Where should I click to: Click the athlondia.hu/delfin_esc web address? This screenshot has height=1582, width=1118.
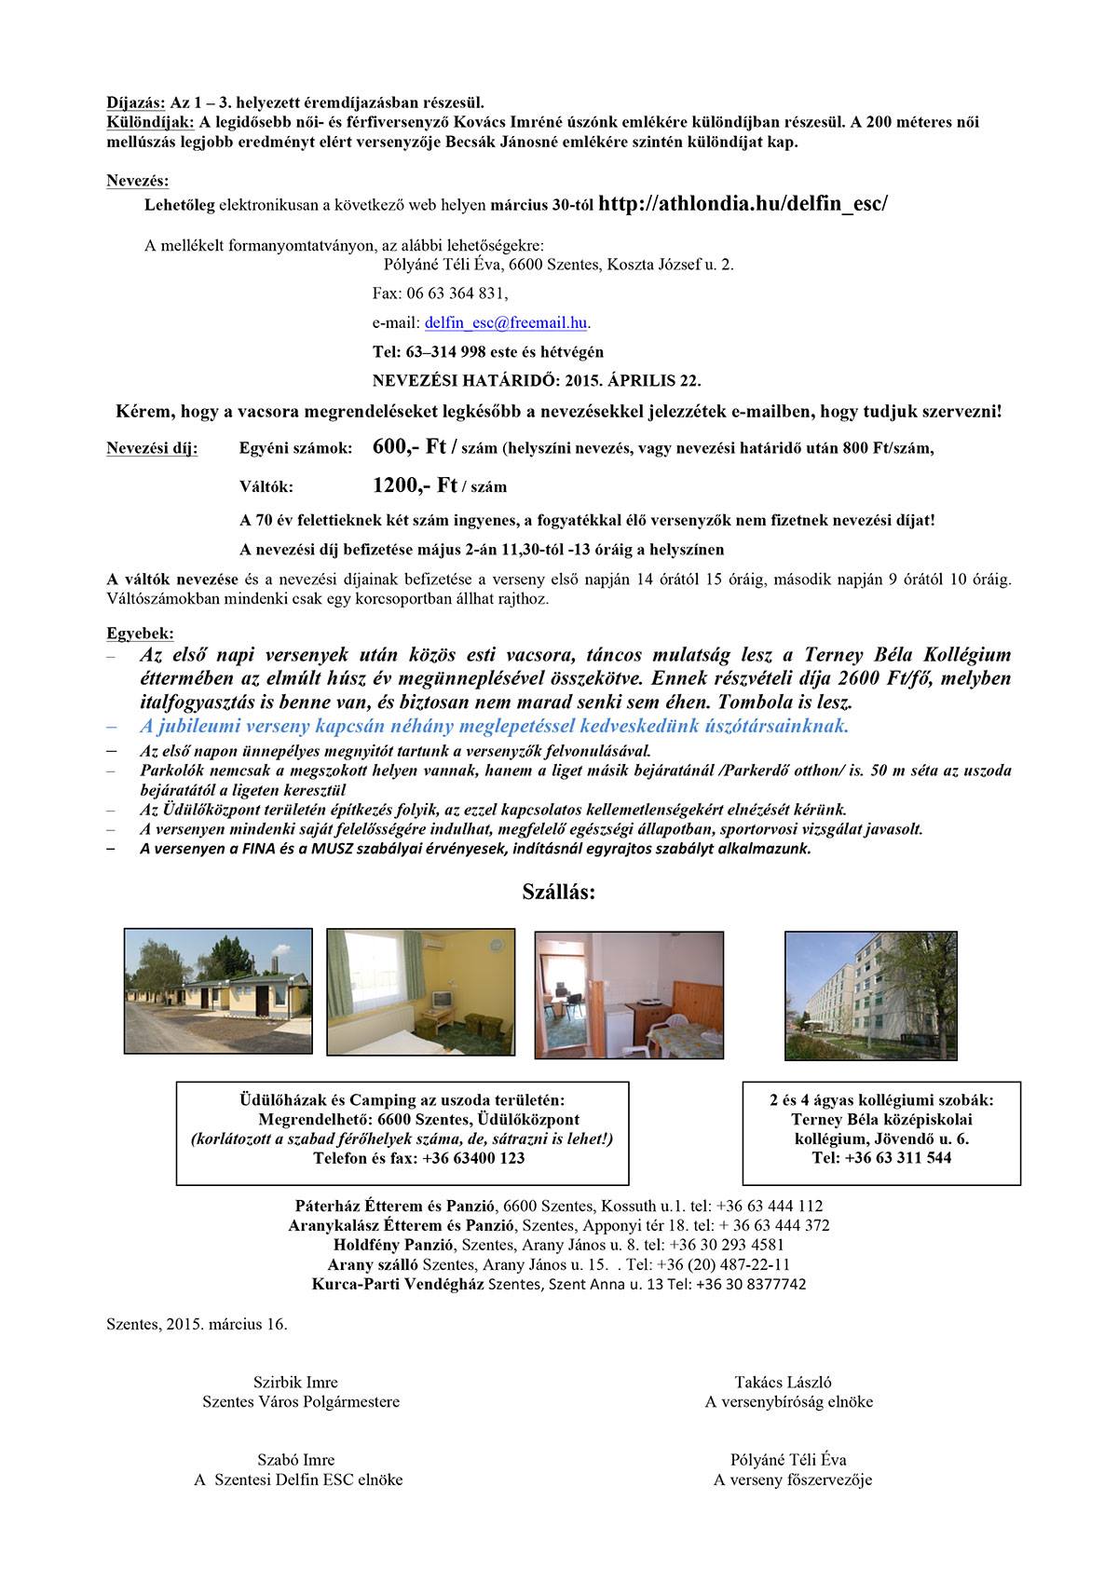tap(743, 205)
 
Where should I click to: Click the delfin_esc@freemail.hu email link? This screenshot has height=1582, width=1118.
tap(506, 323)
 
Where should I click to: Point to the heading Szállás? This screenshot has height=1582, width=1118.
tap(558, 893)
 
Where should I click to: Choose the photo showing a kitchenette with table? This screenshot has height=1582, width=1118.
tap(629, 994)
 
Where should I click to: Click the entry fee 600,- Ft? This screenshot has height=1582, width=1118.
tap(408, 447)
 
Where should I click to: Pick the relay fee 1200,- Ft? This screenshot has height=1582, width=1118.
tap(414, 485)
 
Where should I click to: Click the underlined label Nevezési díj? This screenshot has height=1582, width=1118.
tap(152, 448)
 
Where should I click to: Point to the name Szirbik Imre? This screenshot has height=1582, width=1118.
tap(295, 1382)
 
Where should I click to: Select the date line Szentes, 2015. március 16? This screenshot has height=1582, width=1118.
tap(198, 1324)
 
